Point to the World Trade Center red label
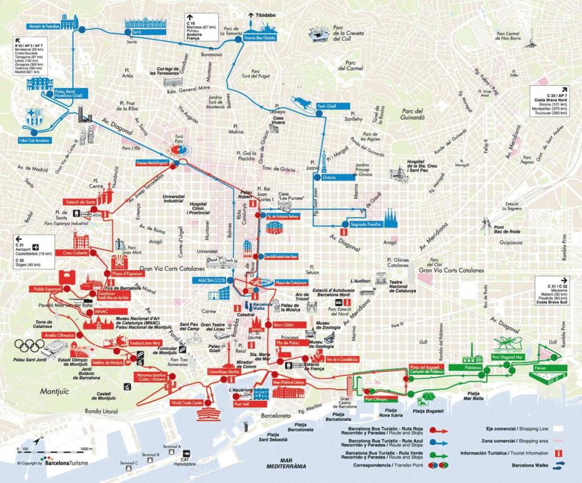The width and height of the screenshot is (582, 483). pyautogui.click(x=187, y=403)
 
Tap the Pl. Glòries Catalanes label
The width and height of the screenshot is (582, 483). pyautogui.click(x=397, y=263)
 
